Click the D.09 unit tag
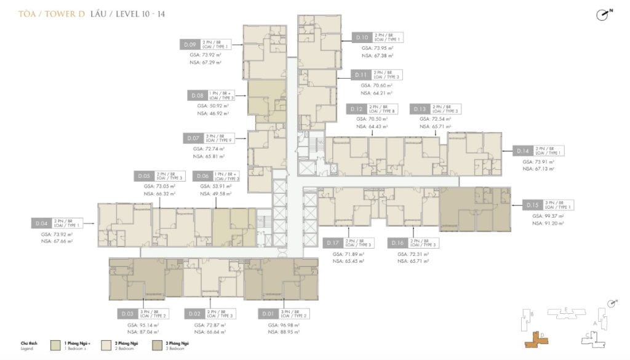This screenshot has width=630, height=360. tap(190, 44)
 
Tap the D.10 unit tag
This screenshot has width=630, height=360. tap(362, 38)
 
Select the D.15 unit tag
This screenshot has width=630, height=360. tap(532, 205)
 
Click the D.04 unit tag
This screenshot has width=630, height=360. tap(42, 223)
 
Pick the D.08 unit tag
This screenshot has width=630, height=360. tap(197, 95)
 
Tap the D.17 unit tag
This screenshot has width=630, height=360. tap(333, 243)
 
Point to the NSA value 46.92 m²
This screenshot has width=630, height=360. tap(210, 114)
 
